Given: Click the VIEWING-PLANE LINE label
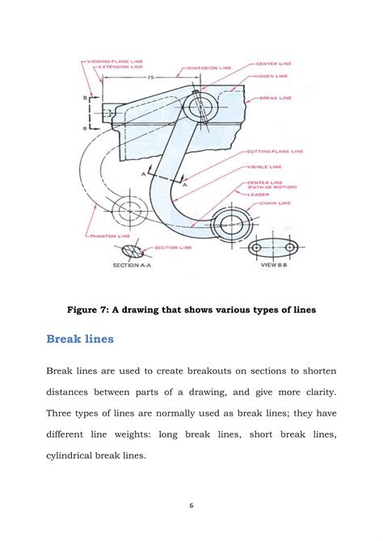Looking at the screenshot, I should pyautogui.click(x=116, y=61).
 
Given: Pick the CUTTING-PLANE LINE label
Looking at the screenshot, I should pyautogui.click(x=275, y=150).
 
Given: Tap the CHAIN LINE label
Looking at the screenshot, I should pyautogui.click(x=274, y=204).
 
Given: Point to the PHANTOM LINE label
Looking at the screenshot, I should pyautogui.click(x=104, y=236).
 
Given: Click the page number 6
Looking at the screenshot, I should pyautogui.click(x=191, y=505).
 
